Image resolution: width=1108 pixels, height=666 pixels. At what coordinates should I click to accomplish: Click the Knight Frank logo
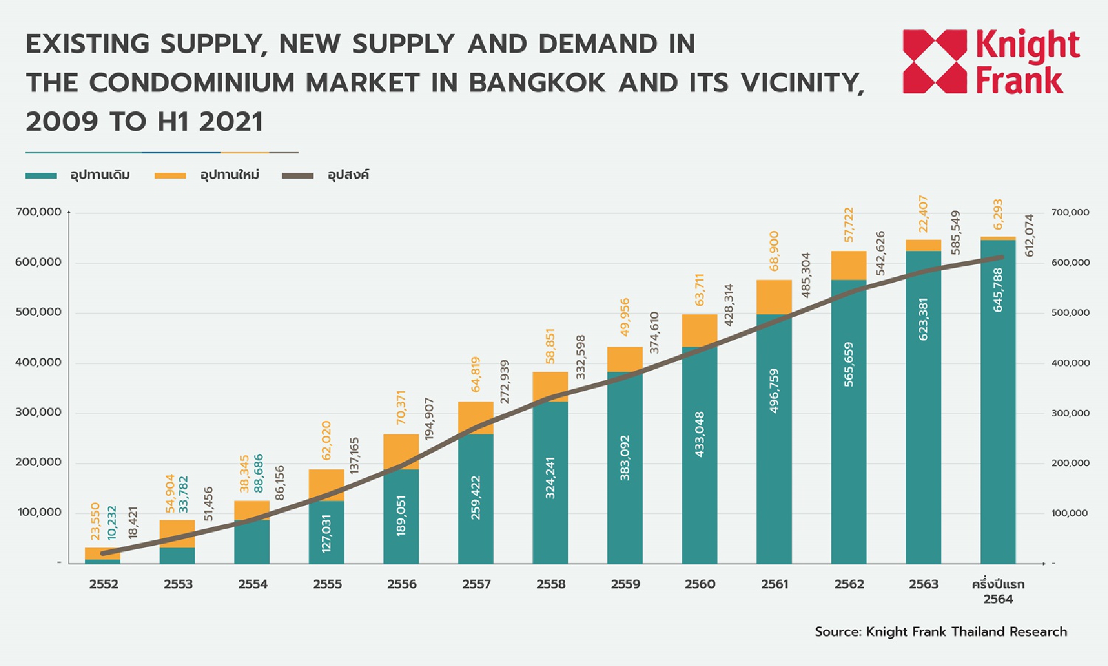pos(991,61)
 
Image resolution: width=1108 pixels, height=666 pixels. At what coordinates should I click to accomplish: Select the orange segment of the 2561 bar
pos(774,297)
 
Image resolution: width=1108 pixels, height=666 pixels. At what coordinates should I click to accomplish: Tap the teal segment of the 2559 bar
pos(625,468)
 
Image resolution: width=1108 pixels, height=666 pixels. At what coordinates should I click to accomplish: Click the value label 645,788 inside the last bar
pos(998,290)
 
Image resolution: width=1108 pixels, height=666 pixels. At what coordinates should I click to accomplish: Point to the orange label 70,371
pos(401,407)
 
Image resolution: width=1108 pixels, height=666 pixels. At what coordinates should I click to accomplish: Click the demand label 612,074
pos(1029,235)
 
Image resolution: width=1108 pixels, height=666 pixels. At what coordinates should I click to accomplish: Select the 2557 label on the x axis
pos(476,584)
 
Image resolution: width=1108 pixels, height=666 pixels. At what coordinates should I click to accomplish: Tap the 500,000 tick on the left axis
pos(38,312)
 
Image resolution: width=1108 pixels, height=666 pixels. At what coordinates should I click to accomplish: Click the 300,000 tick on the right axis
pos(1070,413)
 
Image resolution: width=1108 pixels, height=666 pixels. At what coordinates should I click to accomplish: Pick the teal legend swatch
pos(41,175)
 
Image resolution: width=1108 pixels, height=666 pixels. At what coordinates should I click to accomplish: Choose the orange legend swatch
pos(170,175)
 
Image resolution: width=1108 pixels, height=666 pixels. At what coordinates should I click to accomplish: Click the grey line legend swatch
pos(297,175)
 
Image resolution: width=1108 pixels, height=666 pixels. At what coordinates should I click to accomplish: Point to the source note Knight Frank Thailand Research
pos(941,632)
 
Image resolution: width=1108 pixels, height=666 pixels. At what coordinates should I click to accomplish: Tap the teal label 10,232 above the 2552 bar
pos(112,523)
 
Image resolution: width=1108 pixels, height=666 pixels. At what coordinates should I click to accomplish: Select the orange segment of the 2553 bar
pos(177,534)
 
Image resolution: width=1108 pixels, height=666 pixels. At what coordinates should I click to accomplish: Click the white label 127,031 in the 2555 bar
pos(326,533)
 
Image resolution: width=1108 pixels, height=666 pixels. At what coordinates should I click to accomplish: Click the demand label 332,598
pos(580,357)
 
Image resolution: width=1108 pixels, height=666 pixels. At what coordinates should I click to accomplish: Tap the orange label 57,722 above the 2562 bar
pos(849,224)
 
